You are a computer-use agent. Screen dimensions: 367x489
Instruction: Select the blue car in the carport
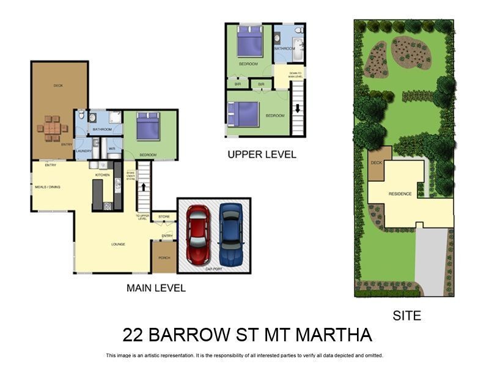point(231,234)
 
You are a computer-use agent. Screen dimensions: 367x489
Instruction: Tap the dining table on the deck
point(52,128)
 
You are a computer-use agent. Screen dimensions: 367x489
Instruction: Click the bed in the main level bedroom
point(148,127)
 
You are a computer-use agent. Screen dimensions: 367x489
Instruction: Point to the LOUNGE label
point(118,245)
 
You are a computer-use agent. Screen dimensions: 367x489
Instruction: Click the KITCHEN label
point(101,176)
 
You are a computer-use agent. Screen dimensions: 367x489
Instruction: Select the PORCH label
point(164,258)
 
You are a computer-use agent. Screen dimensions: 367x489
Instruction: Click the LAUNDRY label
point(83,151)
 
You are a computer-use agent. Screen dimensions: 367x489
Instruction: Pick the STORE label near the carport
point(164,217)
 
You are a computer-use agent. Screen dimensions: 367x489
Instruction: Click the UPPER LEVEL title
point(262,155)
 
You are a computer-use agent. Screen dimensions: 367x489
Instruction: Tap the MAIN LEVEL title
point(156,288)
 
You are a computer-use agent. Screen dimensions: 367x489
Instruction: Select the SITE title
point(406,316)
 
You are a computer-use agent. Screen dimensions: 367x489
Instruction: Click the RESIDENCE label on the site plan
point(400,194)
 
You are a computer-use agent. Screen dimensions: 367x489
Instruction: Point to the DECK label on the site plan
point(377,163)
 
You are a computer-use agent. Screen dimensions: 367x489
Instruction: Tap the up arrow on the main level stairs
point(144,187)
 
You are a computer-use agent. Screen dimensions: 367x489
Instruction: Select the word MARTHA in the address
point(334,335)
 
